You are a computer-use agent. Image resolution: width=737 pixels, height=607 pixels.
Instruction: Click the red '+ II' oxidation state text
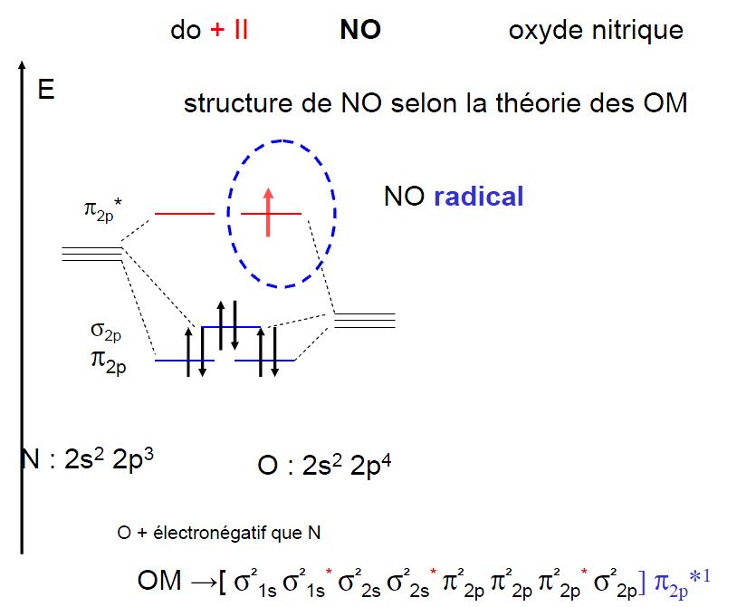click(x=229, y=30)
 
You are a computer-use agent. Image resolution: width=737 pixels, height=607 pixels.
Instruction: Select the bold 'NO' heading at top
click(x=359, y=30)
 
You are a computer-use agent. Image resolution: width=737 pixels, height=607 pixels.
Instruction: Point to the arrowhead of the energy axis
click(x=21, y=68)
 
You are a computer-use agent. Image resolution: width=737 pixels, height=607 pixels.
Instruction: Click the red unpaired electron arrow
click(x=268, y=210)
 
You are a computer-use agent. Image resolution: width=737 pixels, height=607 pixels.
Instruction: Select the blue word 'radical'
click(x=478, y=197)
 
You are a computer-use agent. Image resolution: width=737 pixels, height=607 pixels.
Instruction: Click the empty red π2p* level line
click(x=185, y=214)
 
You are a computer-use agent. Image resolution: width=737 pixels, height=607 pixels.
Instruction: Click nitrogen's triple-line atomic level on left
click(x=91, y=253)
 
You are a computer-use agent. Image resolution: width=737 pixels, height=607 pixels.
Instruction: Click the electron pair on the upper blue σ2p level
click(x=227, y=324)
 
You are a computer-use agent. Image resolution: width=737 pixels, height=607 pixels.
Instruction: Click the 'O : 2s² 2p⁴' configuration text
click(x=324, y=465)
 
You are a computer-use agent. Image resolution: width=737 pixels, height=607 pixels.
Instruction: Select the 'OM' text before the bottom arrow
click(x=153, y=581)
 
